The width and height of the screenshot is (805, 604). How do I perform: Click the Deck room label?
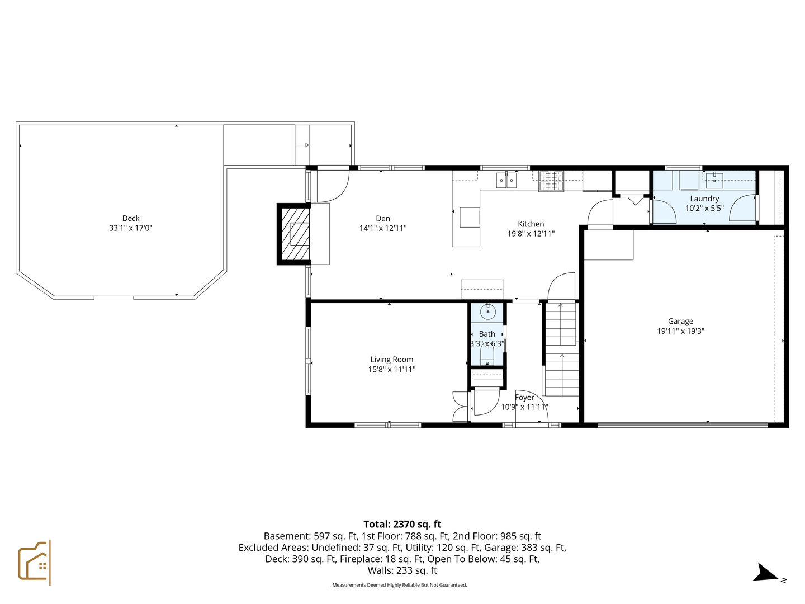click(x=131, y=218)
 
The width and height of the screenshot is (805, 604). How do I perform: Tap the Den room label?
click(x=383, y=219)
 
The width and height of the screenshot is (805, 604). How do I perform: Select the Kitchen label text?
click(x=531, y=224)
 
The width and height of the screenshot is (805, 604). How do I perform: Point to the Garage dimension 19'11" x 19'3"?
click(x=680, y=331)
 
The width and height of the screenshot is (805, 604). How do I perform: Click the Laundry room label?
click(x=704, y=199)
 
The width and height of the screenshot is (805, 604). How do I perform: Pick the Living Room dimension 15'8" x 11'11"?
click(x=391, y=369)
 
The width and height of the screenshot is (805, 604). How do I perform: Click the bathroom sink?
click(x=488, y=312)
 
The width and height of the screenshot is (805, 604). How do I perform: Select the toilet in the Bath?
click(x=487, y=356)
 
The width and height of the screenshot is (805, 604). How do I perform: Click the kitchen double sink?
click(x=506, y=180)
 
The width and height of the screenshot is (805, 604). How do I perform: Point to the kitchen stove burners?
click(x=551, y=180)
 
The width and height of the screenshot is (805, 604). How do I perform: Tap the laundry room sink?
click(x=714, y=180)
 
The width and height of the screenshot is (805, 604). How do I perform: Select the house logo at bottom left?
click(x=35, y=562)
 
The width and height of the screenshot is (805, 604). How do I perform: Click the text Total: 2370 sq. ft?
click(x=402, y=524)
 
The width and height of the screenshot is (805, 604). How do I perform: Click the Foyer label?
click(x=524, y=398)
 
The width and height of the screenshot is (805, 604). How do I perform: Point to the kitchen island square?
click(x=470, y=217)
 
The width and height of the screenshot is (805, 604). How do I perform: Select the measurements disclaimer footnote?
click(x=399, y=585)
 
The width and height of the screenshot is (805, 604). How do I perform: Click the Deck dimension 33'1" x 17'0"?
click(x=131, y=228)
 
